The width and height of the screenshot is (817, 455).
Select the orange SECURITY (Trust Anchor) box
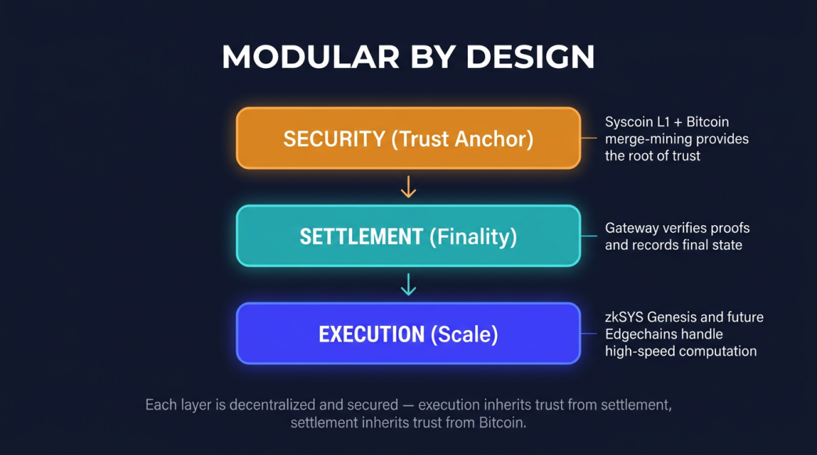coord(408,138)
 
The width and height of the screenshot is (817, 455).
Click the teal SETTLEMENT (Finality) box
coord(408,236)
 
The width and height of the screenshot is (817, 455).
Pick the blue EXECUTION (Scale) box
coord(408,335)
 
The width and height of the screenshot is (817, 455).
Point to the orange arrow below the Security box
coord(408,187)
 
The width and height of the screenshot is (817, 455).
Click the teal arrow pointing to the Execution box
coord(408,285)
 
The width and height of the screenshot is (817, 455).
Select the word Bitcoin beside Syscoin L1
coord(707,122)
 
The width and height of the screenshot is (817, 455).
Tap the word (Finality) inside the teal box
coord(474,237)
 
